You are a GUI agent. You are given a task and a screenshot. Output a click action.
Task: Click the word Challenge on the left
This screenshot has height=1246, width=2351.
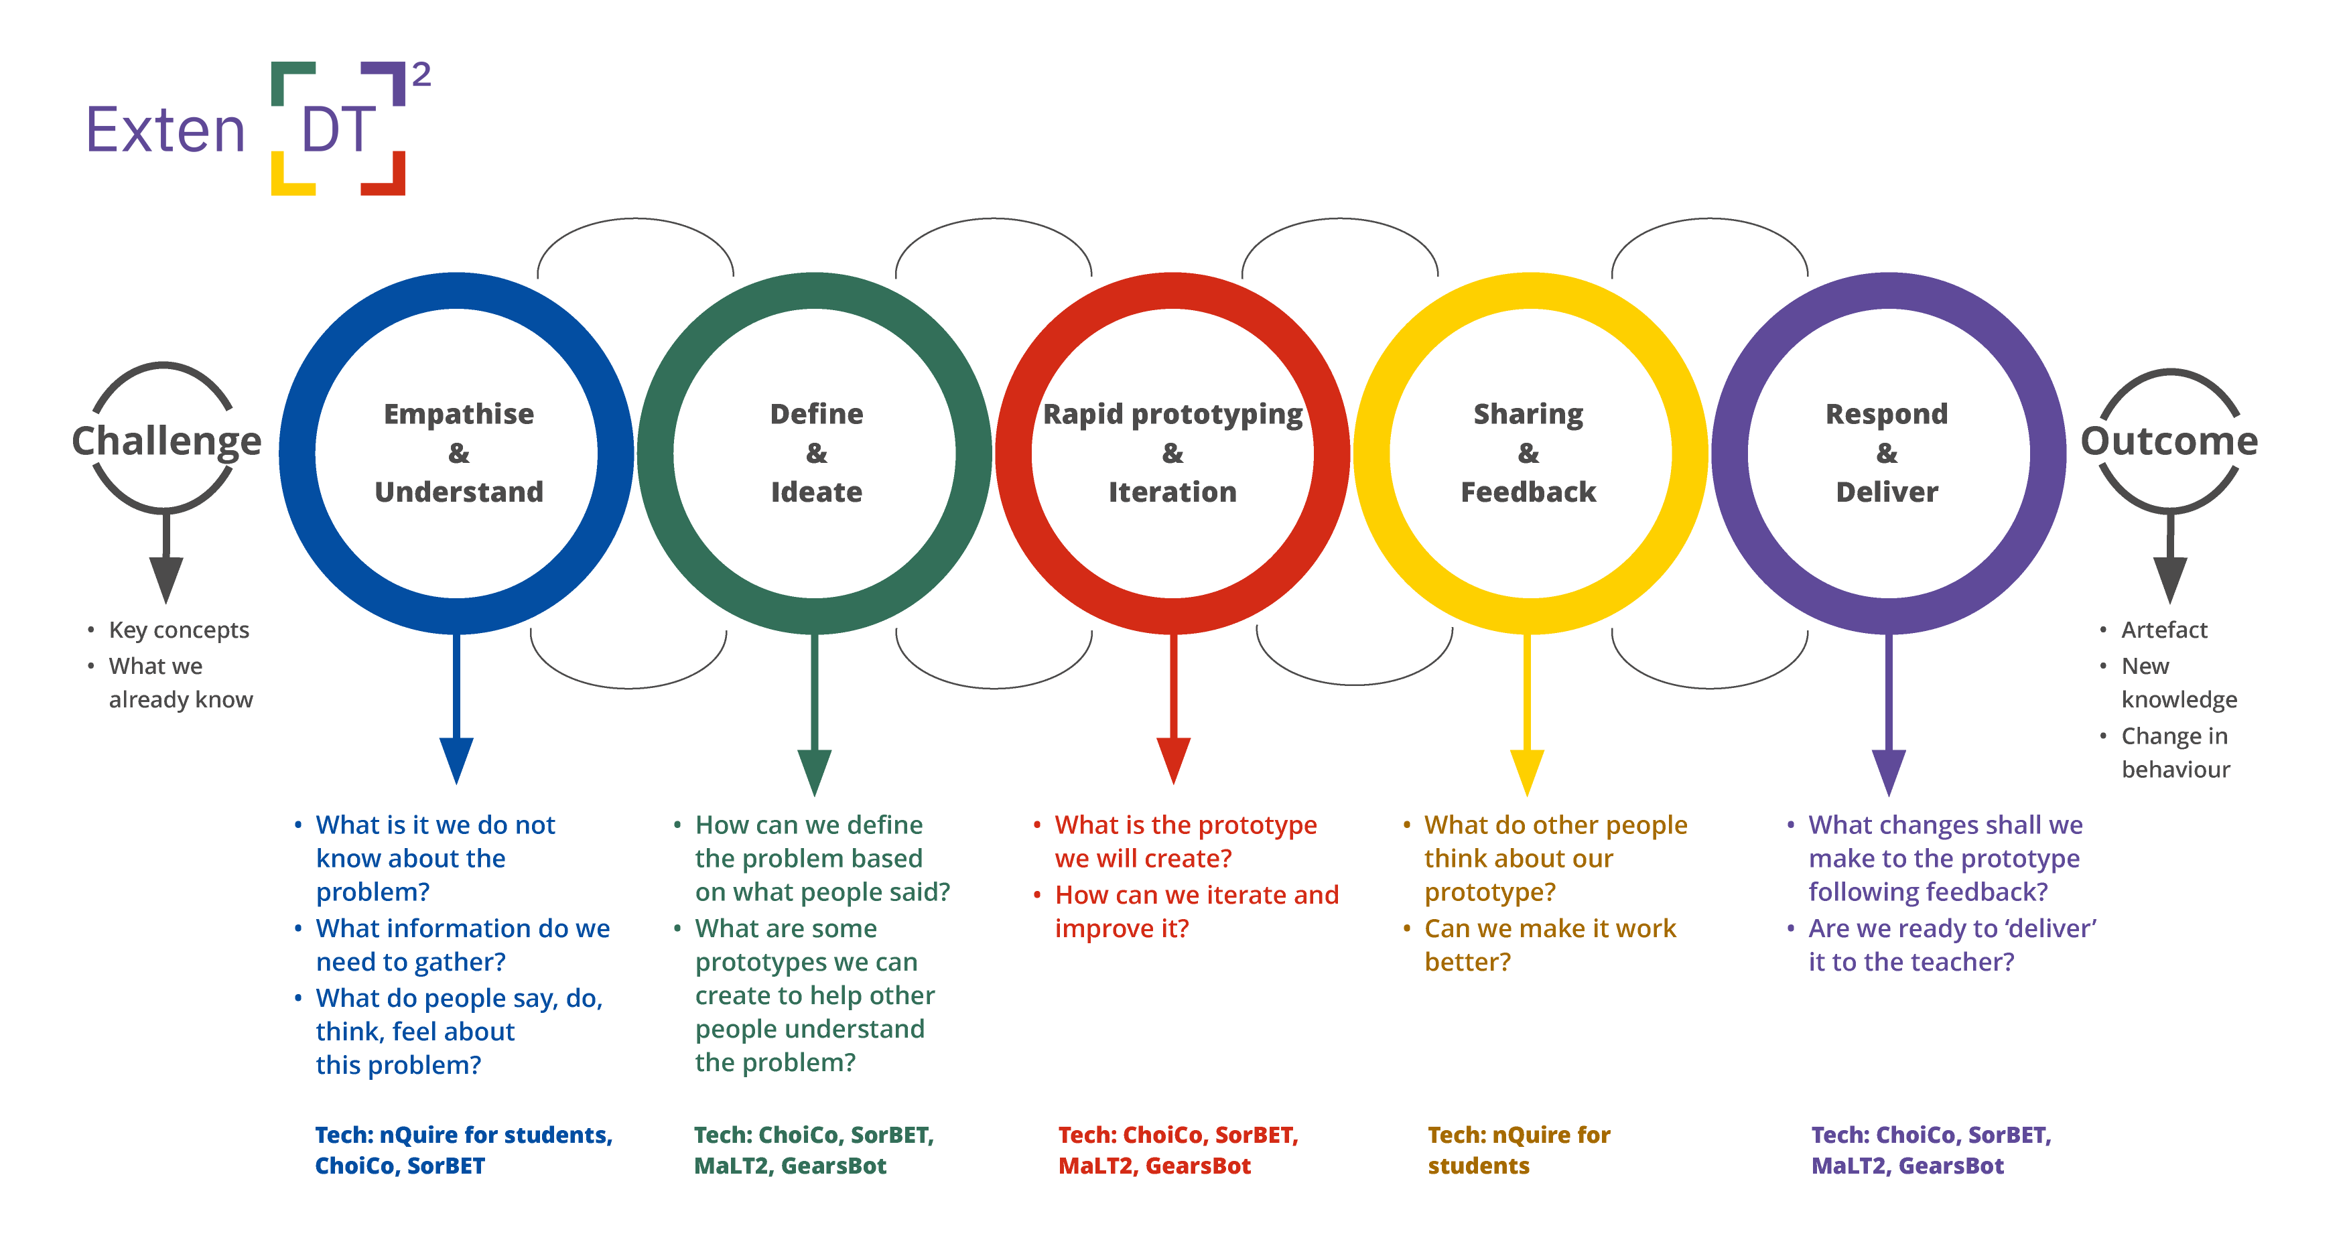coord(166,441)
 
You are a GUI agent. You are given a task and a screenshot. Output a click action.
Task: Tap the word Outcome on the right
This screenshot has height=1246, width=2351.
coord(2169,441)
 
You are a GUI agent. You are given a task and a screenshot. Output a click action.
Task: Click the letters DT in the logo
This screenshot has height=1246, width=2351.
coord(338,129)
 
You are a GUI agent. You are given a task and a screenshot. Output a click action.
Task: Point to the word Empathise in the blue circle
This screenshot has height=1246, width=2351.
coord(458,413)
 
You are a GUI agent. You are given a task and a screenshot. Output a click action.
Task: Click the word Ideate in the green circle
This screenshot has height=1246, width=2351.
coord(816,492)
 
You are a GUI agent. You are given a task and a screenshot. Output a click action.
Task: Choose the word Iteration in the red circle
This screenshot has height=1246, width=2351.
coord(1172,492)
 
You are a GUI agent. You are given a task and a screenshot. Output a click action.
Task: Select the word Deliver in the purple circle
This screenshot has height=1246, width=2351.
coord(1887,492)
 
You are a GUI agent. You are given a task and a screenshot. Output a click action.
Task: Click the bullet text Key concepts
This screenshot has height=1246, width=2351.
coord(178,630)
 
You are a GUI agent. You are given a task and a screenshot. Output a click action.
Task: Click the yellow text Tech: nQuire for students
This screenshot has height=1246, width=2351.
coord(1519,1150)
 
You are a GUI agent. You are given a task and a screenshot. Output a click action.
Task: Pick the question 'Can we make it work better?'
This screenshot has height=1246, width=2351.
coord(1550,945)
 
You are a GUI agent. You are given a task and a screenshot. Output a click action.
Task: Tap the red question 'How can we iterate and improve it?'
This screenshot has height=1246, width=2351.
coord(1195,911)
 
